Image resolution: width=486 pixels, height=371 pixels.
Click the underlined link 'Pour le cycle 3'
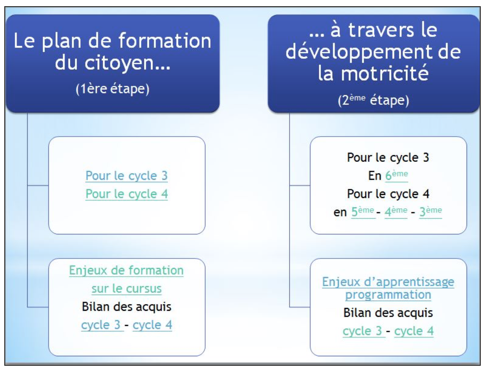[126, 176]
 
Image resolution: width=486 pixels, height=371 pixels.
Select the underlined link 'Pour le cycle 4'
[126, 195]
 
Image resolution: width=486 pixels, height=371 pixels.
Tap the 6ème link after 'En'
[396, 176]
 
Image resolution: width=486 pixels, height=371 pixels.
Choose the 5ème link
[363, 212]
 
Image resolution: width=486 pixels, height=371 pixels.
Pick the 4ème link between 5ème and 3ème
[396, 212]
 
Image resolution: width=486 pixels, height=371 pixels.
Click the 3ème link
[430, 212]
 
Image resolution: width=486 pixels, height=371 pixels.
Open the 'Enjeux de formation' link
[126, 270]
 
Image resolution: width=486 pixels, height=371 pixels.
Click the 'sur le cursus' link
[126, 289]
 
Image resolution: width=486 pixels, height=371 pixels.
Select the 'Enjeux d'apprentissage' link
[388, 282]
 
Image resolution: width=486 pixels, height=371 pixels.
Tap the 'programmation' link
[388, 295]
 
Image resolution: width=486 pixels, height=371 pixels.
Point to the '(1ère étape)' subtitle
[112, 89]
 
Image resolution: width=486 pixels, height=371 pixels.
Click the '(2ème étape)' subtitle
[374, 100]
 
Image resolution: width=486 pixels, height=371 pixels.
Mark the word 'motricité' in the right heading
[384, 74]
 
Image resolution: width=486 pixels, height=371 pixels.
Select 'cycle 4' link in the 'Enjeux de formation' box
[152, 325]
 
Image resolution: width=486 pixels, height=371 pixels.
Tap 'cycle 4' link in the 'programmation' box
[414, 331]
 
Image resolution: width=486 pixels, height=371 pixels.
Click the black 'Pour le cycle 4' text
[388, 194]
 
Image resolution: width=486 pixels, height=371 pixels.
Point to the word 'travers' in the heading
[381, 30]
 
